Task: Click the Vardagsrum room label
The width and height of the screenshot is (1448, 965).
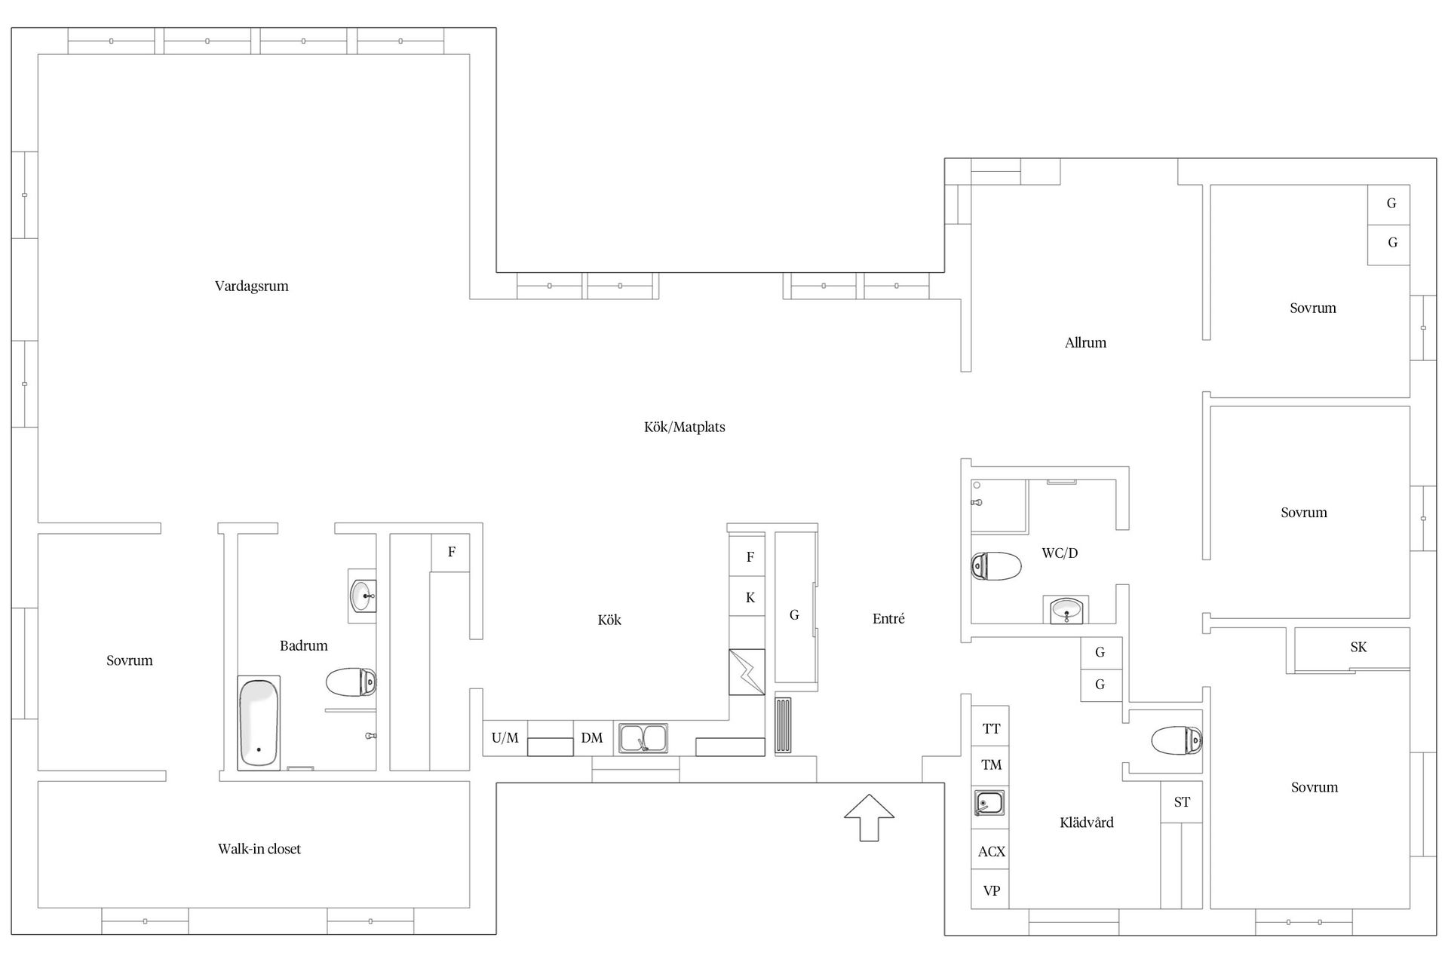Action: coord(251,286)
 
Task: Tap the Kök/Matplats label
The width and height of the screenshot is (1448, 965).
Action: coord(684,427)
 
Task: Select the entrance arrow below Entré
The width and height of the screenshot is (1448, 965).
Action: coord(869,817)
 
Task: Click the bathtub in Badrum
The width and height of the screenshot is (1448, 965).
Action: coord(259,722)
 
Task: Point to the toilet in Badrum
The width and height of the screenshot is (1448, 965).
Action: coord(351,682)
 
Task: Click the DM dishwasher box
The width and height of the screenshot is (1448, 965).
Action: coord(592,738)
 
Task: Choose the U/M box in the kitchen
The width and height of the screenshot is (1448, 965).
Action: coord(505,738)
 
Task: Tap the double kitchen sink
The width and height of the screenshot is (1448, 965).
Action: coord(643,738)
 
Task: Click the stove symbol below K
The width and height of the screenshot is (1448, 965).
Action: coord(747,672)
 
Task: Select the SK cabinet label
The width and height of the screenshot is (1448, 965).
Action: coord(1358,647)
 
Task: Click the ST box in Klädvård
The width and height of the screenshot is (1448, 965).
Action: coord(1182,802)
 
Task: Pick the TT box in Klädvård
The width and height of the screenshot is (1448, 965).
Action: coord(991,728)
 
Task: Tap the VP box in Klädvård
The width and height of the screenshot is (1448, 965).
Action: coord(991,890)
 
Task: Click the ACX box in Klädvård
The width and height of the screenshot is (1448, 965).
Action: coord(991,851)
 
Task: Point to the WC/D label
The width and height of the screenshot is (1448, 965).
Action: coord(1060,553)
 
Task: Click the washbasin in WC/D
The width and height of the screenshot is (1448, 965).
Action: coord(1066,609)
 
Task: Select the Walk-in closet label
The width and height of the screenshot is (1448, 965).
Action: coord(259,849)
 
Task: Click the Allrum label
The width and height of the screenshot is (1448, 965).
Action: coord(1085,342)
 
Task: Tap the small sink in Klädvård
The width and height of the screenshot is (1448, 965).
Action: coord(989,803)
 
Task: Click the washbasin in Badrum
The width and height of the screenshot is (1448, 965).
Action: coord(363,596)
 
